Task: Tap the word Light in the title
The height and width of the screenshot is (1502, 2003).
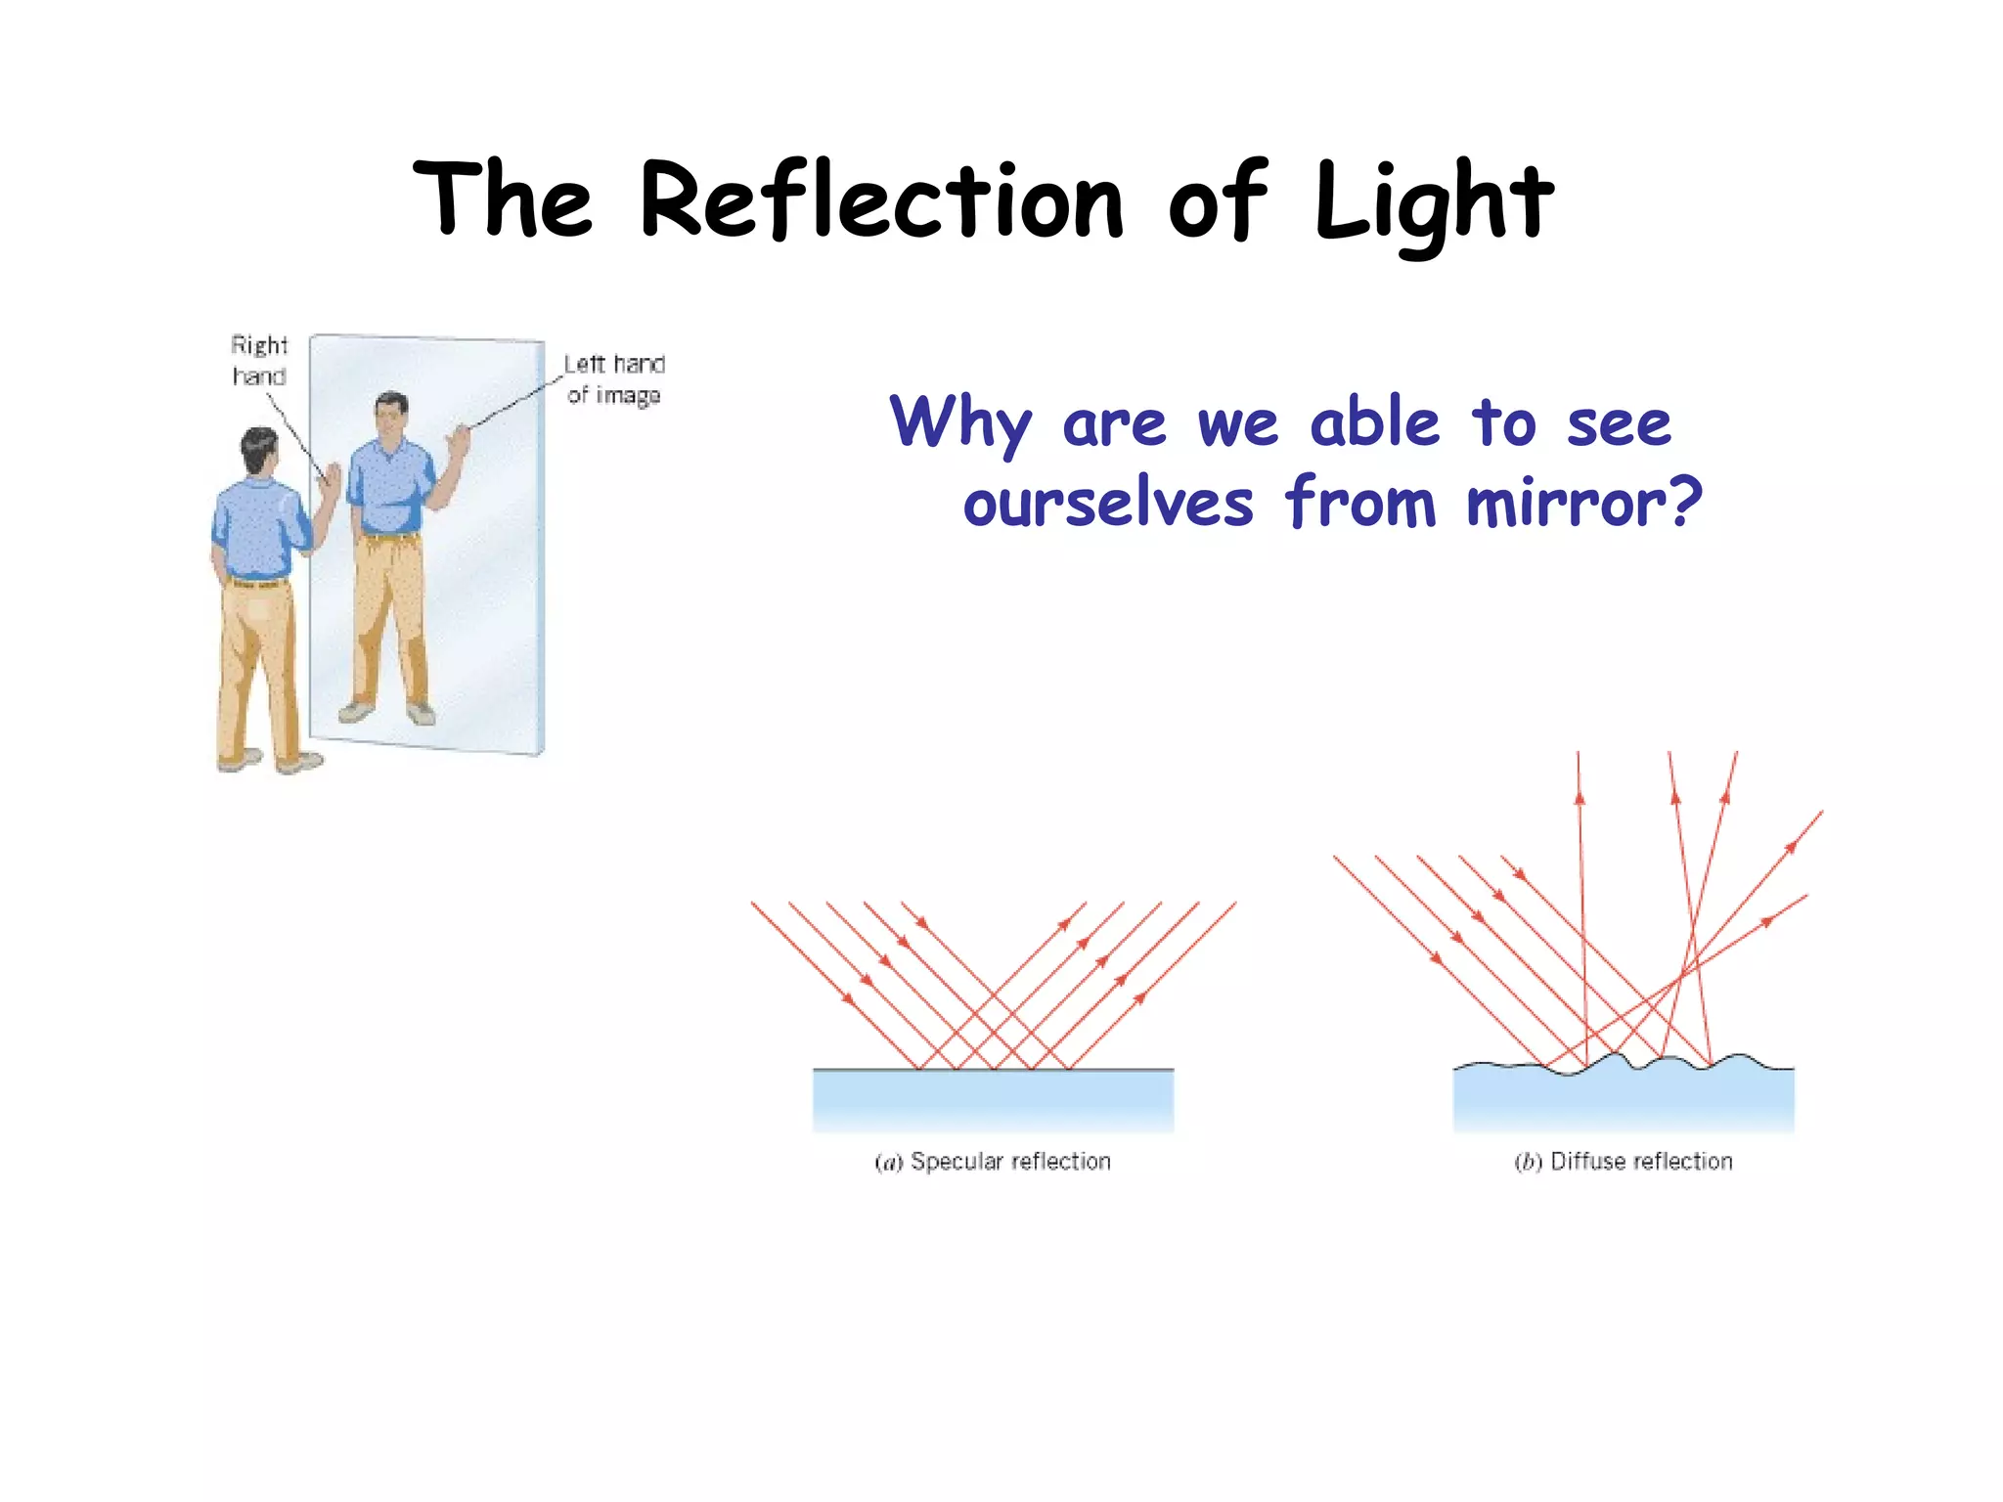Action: click(x=1433, y=202)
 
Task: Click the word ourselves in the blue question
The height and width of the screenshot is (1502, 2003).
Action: click(x=1108, y=505)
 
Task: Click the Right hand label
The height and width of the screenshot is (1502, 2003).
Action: click(x=259, y=360)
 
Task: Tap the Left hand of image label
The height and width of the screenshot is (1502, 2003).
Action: click(x=614, y=378)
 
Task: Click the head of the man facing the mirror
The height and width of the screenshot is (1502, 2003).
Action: click(x=260, y=449)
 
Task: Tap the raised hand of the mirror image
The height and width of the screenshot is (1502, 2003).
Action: click(x=458, y=440)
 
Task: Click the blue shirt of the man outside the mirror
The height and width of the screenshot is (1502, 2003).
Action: click(x=256, y=528)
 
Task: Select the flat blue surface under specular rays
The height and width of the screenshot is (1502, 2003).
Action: click(x=993, y=1100)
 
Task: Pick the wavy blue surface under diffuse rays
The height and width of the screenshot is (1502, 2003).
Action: click(x=1624, y=1100)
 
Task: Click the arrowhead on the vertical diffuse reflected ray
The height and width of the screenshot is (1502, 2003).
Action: click(x=1580, y=797)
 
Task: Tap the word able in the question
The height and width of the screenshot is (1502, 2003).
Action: click(x=1375, y=422)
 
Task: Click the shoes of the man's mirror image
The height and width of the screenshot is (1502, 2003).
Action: click(x=386, y=711)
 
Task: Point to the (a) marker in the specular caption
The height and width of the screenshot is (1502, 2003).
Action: click(x=888, y=1162)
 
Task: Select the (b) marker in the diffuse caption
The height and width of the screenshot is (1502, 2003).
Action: click(x=1528, y=1162)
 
